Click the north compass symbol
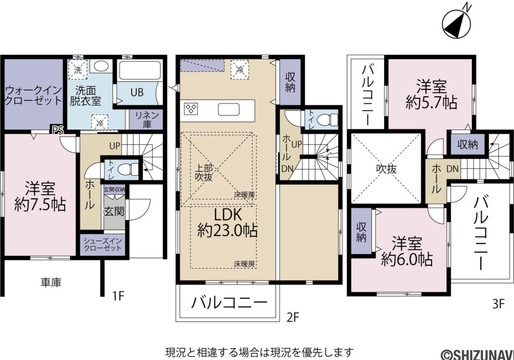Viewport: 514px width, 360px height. coord(456,21)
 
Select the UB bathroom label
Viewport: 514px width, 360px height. coord(137,92)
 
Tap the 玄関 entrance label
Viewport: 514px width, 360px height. coord(114,211)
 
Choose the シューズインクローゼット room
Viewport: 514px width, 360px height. coord(102,245)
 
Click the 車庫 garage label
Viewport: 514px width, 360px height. coord(51,283)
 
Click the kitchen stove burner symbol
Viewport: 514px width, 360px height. coord(192,109)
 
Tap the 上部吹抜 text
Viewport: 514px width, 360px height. coord(204,173)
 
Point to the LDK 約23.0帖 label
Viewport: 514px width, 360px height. coord(228,223)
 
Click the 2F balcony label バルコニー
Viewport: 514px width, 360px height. coord(228,303)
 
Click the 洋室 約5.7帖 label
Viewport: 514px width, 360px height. coord(431,94)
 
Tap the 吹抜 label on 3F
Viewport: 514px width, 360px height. coord(387,169)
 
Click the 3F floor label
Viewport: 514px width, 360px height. coord(498,303)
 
